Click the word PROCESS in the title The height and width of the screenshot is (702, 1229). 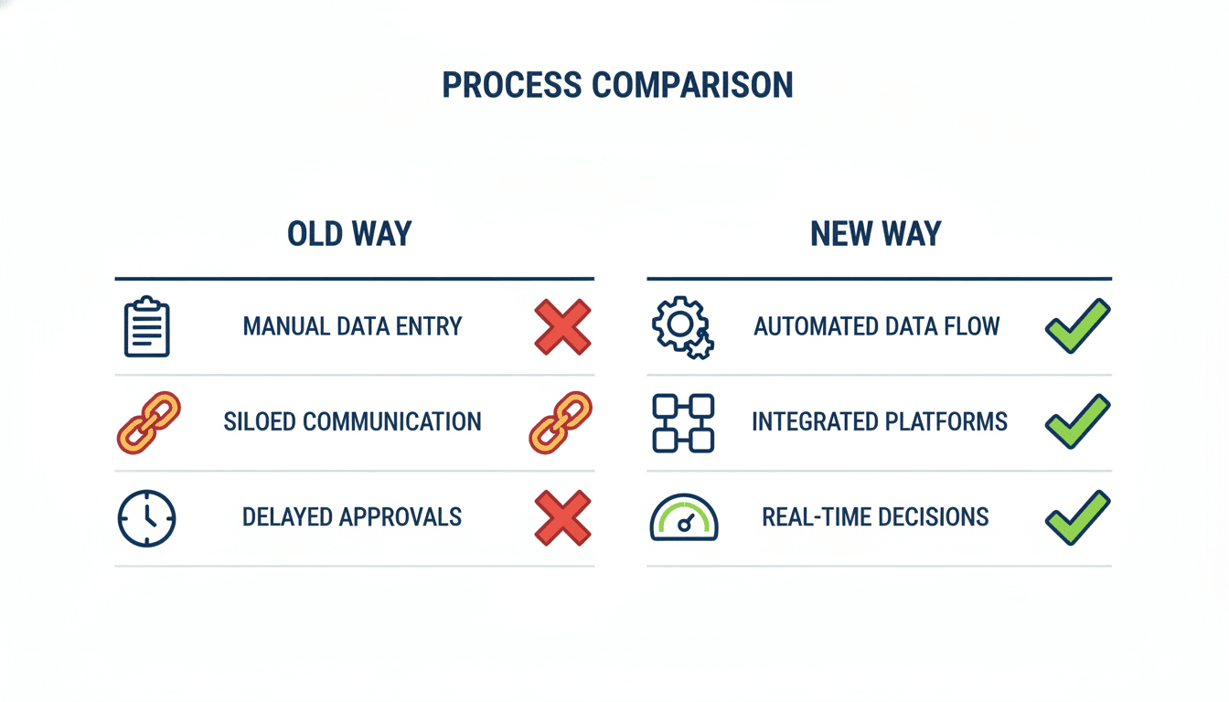click(x=512, y=85)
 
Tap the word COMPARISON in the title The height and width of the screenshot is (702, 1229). click(x=692, y=85)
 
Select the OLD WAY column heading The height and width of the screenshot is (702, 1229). click(x=349, y=234)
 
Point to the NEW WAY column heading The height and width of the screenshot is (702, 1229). click(x=876, y=234)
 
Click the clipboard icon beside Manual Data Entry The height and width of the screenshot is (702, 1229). click(x=147, y=327)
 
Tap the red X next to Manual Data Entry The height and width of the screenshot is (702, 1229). click(x=563, y=327)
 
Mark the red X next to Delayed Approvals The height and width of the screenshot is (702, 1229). click(x=563, y=517)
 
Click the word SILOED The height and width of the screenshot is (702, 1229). click(x=260, y=421)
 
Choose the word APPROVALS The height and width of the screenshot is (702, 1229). click(x=401, y=517)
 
